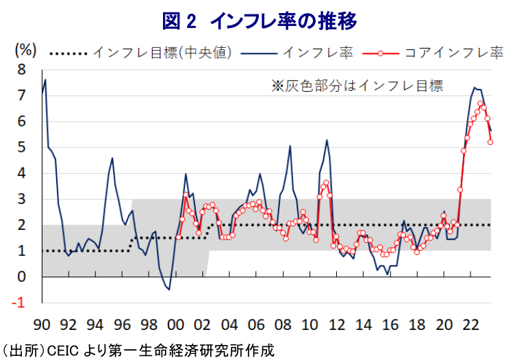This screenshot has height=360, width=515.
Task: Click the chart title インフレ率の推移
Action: [x=260, y=21]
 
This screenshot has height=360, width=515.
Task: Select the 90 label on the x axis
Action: [x=42, y=324]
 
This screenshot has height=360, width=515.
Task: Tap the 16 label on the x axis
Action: [x=389, y=324]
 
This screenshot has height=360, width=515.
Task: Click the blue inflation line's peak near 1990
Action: [x=45, y=80]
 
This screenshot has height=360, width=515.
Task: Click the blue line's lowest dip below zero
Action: [x=168, y=290]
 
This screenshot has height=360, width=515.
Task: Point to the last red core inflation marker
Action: [x=490, y=142]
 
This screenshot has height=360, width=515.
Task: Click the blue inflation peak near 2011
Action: [x=327, y=140]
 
